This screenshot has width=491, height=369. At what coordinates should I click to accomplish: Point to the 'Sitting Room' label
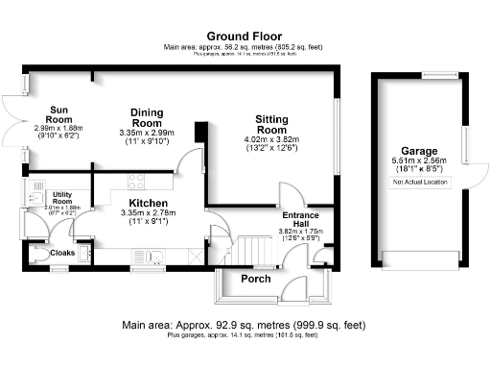click(271, 124)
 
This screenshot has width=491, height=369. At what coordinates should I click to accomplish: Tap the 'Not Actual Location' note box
click(420, 181)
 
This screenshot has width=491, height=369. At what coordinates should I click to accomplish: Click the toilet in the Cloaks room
click(38, 255)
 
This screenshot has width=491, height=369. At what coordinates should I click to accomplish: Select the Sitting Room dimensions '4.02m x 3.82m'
click(271, 138)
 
